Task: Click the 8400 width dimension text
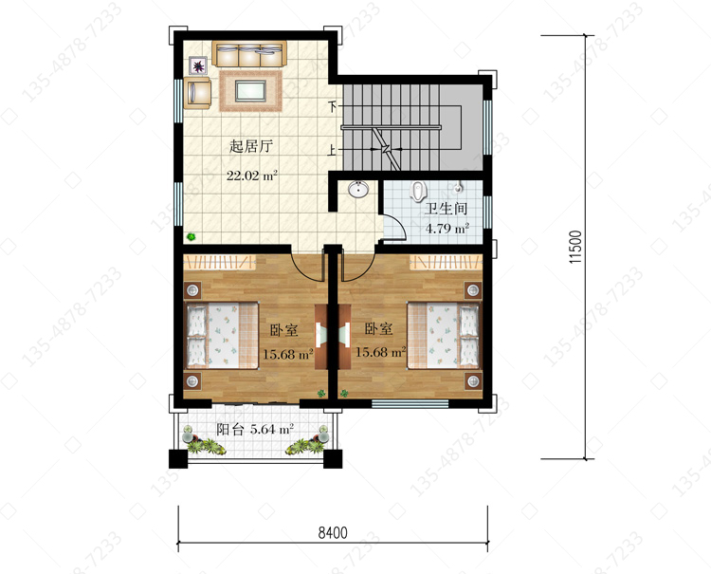point(333,532)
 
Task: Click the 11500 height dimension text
point(575,248)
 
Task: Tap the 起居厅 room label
point(251,146)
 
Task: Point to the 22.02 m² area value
point(252,176)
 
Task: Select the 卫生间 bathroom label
point(446,209)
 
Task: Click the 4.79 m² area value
point(447,228)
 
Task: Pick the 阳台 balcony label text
point(230,429)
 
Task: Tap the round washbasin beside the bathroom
point(358,189)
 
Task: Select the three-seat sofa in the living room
point(249,54)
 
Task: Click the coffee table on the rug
point(250,90)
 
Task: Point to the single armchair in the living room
point(197,93)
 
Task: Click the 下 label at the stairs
point(333,107)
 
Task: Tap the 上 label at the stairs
point(333,150)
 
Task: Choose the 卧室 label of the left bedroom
point(283,330)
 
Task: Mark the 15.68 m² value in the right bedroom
point(381,352)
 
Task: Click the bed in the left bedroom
point(223,335)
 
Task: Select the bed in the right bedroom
point(443,335)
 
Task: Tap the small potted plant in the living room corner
point(191,236)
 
